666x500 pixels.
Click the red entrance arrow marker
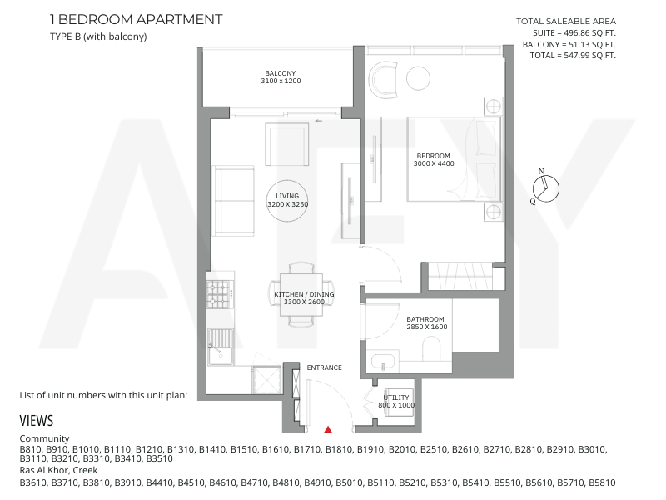click(x=328, y=429)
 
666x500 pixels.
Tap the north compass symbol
click(x=546, y=189)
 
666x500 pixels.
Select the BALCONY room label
click(x=281, y=73)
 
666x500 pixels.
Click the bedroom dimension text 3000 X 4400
click(x=434, y=163)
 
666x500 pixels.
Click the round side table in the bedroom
click(x=419, y=78)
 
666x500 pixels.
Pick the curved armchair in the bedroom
click(x=384, y=80)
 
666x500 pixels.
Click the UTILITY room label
click(x=396, y=397)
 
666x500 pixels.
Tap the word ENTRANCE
click(x=324, y=367)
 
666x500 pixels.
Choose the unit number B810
click(x=31, y=449)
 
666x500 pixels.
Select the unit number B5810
click(x=601, y=482)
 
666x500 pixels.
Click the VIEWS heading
click(x=37, y=421)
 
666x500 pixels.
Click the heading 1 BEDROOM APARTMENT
click(x=136, y=19)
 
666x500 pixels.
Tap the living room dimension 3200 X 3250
click(x=287, y=204)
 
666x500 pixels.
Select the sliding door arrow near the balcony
click(x=319, y=121)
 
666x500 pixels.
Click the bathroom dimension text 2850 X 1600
click(x=427, y=327)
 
